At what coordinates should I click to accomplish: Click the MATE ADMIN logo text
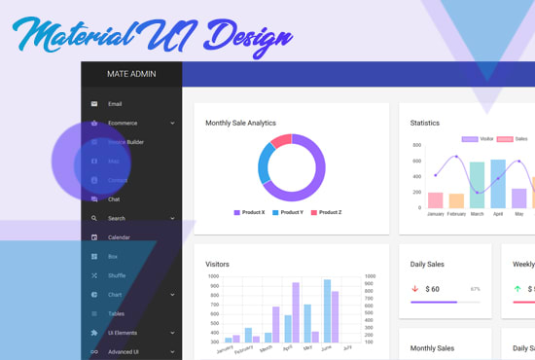[131, 74]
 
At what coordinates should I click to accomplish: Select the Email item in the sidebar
[115, 104]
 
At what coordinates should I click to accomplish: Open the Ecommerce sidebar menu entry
[123, 124]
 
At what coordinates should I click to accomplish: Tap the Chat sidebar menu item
[114, 199]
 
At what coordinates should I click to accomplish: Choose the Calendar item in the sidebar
[119, 237]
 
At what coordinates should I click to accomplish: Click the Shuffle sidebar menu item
[117, 275]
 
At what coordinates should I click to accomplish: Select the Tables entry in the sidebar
[116, 313]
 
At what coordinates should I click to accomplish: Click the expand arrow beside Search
[172, 219]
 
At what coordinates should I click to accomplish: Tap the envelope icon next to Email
[94, 104]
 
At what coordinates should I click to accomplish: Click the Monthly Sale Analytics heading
[240, 124]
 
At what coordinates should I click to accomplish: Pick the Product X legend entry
[249, 212]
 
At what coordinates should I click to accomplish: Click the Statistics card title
[424, 124]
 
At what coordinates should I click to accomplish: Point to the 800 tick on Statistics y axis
[416, 146]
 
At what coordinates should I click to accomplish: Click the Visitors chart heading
[217, 264]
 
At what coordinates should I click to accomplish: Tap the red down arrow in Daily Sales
[415, 289]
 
